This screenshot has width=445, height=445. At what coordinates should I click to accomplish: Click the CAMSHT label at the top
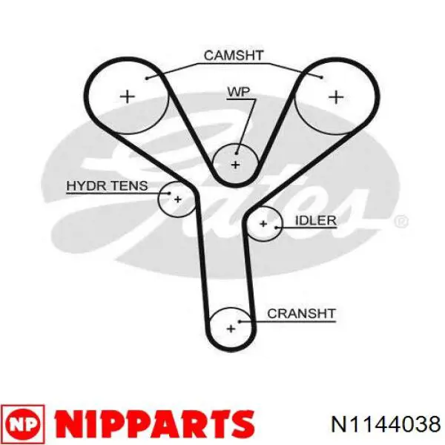234,56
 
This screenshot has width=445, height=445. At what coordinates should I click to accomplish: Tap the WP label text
239,92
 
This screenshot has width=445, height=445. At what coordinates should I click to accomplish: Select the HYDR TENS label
107,186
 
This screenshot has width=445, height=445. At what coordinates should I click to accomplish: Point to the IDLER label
316,220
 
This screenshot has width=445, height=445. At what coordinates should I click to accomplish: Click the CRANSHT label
301,314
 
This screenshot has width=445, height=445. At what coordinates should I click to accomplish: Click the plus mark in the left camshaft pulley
128,96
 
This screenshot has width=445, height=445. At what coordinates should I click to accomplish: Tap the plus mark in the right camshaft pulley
336,97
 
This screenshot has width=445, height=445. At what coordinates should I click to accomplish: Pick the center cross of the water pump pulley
235,165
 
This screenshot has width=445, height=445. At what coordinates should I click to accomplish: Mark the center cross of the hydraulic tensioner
178,200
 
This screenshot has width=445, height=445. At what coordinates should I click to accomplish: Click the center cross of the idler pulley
263,224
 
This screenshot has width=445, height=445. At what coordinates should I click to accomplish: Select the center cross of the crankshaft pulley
231,329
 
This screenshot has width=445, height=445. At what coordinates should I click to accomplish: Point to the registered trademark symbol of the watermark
401,221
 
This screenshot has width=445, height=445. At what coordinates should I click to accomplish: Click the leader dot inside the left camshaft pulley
147,78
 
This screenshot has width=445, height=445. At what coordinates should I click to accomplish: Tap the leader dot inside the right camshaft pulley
321,77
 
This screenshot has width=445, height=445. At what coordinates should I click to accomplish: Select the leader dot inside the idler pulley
276,228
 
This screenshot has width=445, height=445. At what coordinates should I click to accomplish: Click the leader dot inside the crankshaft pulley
240,322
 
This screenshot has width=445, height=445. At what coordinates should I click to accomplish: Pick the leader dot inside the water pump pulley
237,154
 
